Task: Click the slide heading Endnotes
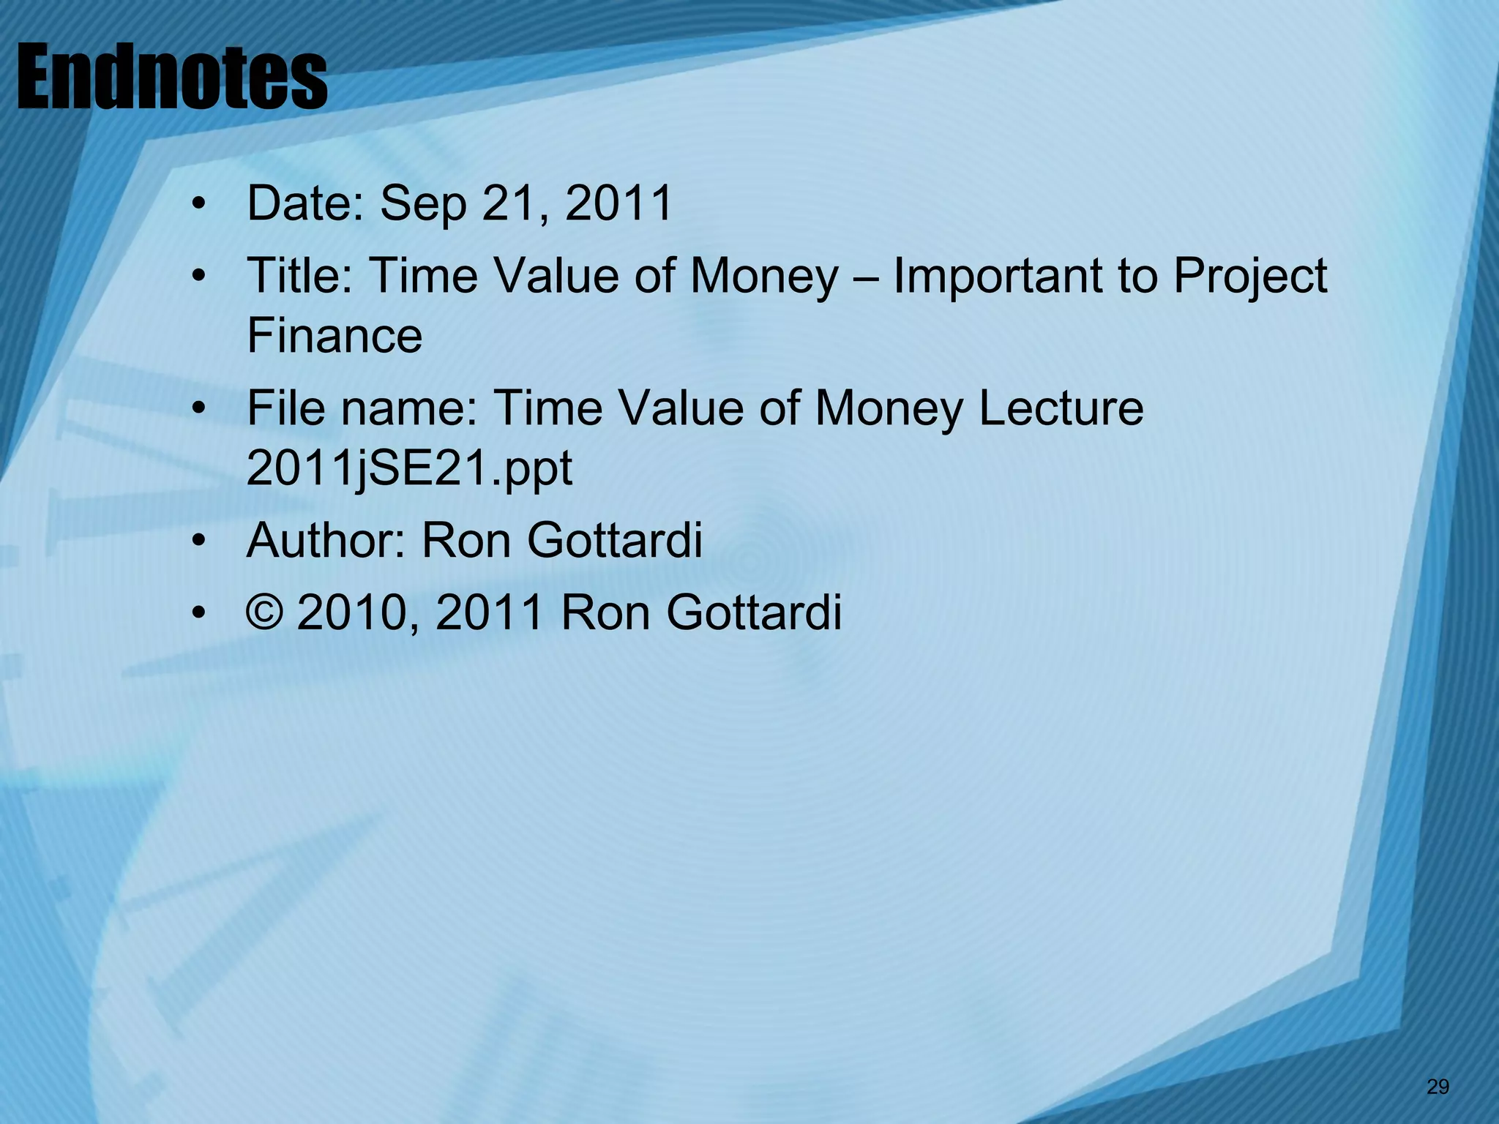(171, 78)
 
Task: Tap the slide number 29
(1438, 1087)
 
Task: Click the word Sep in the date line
(423, 203)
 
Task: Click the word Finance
(334, 336)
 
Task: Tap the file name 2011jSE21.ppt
(409, 468)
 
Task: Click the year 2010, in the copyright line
(358, 613)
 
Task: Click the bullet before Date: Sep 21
(198, 205)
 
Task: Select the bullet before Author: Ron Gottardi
(198, 542)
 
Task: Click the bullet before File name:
(198, 409)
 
